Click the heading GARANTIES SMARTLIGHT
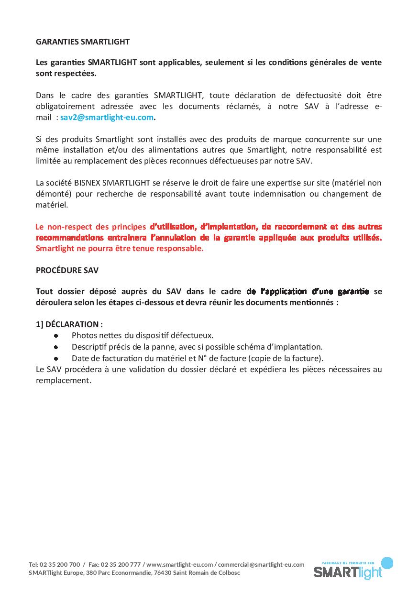pyautogui.click(x=83, y=42)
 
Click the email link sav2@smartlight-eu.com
pyautogui.click(x=107, y=117)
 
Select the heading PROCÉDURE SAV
pyautogui.click(x=67, y=270)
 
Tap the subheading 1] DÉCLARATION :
pyautogui.click(x=69, y=324)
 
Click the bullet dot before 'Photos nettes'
pyautogui.click(x=56, y=336)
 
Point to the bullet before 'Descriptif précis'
pyautogui.click(x=56, y=347)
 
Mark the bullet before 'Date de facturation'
pyautogui.click(x=56, y=358)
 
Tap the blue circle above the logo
pyautogui.click(x=387, y=563)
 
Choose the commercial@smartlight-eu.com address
pyautogui.click(x=261, y=564)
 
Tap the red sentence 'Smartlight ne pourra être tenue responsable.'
pyautogui.click(x=120, y=248)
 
